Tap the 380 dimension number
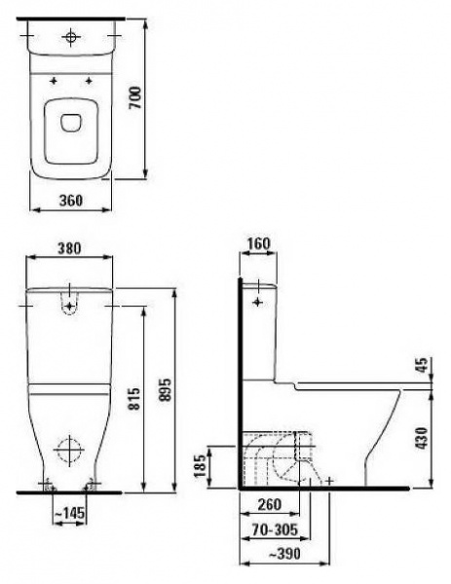[x=68, y=247]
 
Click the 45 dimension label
[x=422, y=366]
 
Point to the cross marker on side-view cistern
[x=258, y=304]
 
